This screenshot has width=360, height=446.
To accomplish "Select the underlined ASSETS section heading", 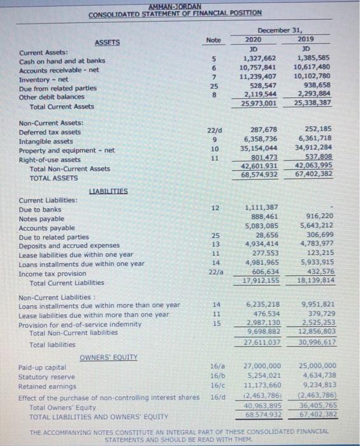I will (106, 43).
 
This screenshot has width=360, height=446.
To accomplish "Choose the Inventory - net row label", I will (41, 79).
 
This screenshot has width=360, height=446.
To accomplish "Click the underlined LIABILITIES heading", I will (108, 190).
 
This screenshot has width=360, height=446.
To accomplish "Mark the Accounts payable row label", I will (47, 227).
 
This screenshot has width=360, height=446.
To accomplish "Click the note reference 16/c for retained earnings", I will (213, 385).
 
